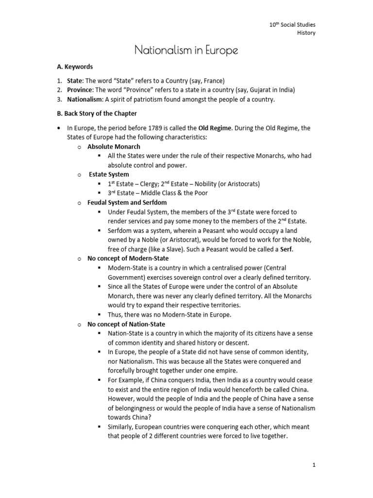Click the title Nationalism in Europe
tap(186, 50)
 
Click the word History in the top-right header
tap(306, 33)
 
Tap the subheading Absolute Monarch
tap(114, 146)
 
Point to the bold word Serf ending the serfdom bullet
tap(286, 249)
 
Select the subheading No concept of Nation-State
tap(126, 324)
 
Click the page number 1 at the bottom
tap(314, 465)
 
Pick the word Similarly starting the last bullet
tap(122, 427)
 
